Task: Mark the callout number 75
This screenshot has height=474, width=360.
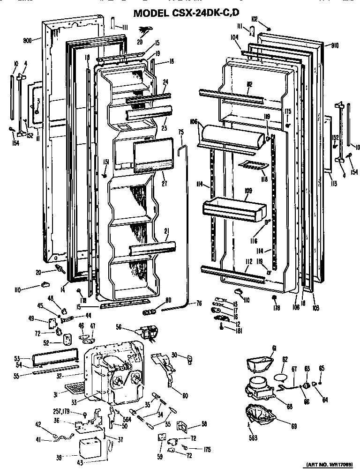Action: click(x=181, y=133)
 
